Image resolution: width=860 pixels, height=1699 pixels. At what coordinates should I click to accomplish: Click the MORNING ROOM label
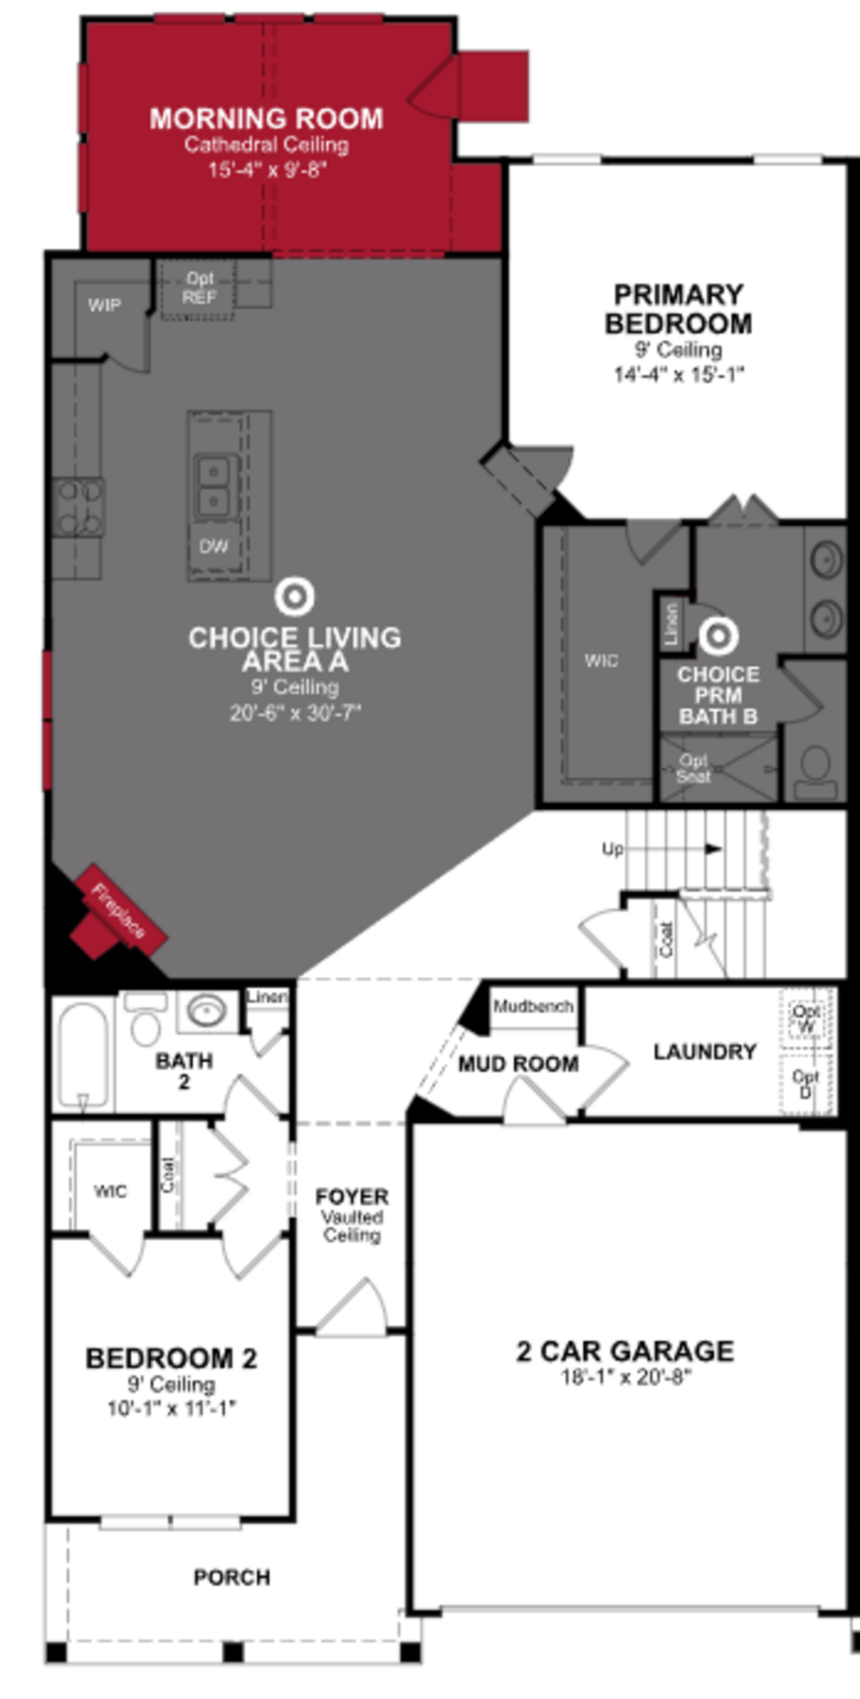click(266, 119)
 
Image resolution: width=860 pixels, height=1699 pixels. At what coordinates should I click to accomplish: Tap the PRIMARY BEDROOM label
click(679, 309)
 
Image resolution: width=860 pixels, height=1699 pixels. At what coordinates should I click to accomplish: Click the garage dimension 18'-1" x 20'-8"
click(624, 1377)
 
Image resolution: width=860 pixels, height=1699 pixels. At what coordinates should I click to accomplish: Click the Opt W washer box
click(806, 1019)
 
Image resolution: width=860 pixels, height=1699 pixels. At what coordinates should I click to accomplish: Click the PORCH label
click(232, 1578)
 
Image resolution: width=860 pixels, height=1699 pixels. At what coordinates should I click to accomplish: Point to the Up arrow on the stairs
click(713, 849)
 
